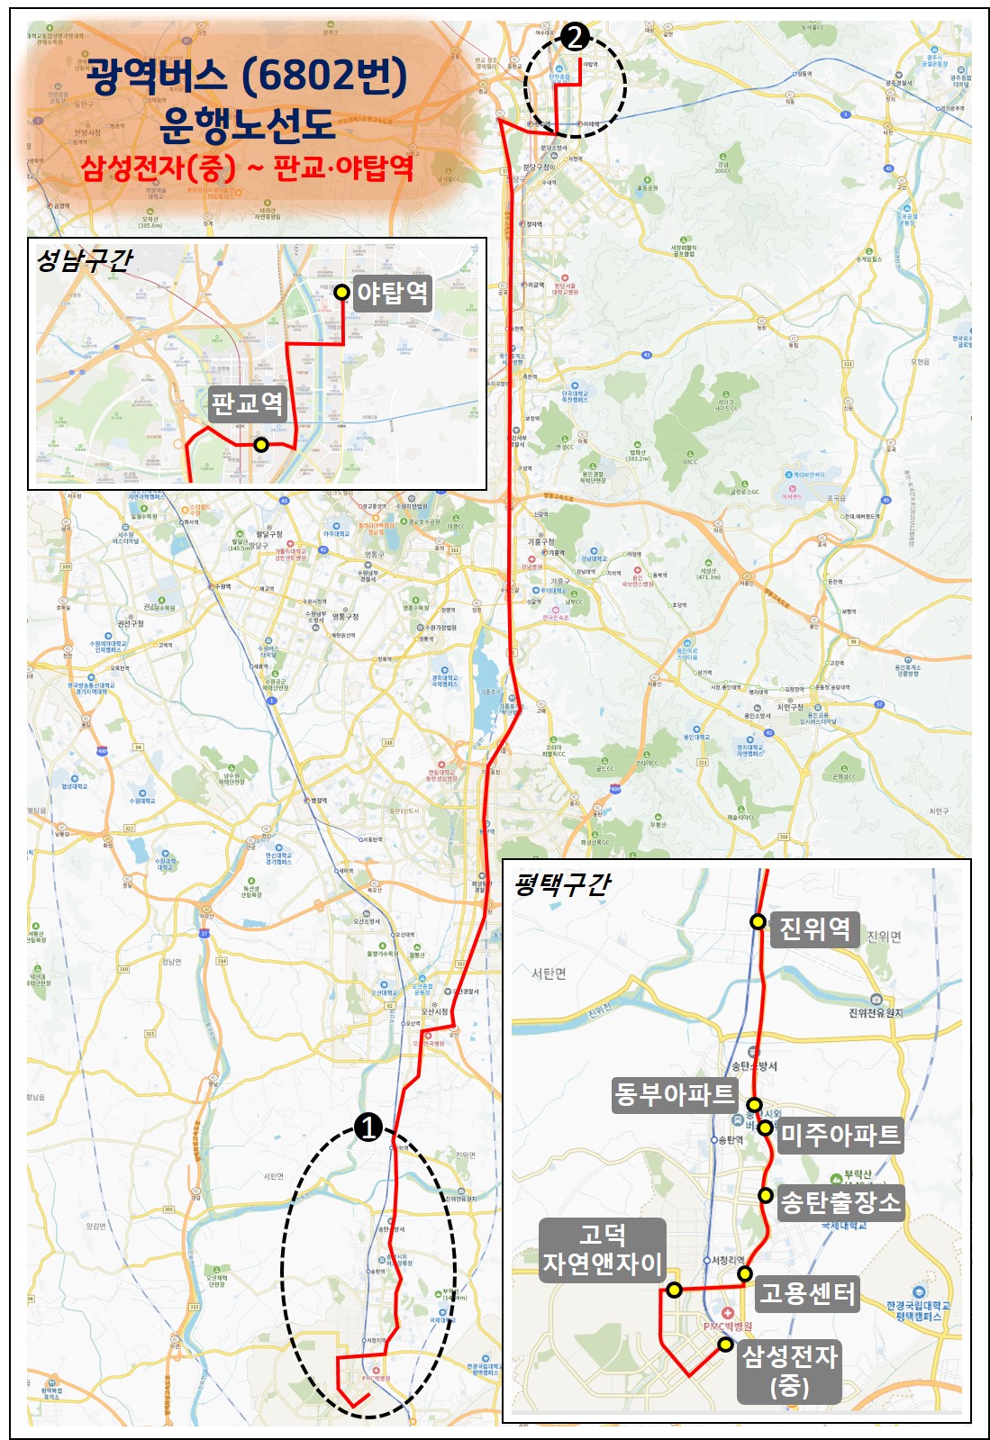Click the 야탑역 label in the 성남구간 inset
pyautogui.click(x=392, y=293)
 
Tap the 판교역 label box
pyautogui.click(x=247, y=404)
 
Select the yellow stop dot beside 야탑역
pyautogui.click(x=341, y=293)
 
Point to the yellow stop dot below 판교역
pyautogui.click(x=260, y=445)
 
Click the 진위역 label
pyautogui.click(x=814, y=928)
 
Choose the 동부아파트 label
pyautogui.click(x=674, y=1094)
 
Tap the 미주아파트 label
pyautogui.click(x=840, y=1135)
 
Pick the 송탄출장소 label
pyautogui.click(x=840, y=1202)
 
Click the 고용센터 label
pyautogui.click(x=807, y=1294)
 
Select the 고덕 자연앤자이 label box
pyautogui.click(x=603, y=1250)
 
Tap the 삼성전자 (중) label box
pyautogui.click(x=789, y=1371)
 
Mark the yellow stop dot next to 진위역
pyautogui.click(x=758, y=921)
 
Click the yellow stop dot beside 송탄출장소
pyautogui.click(x=765, y=1196)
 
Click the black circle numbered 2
pyautogui.click(x=574, y=38)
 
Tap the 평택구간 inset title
pyautogui.click(x=562, y=884)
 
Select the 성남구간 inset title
pyautogui.click(x=84, y=260)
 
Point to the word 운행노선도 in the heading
pyautogui.click(x=247, y=124)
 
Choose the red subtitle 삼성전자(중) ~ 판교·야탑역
pyautogui.click(x=247, y=168)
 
